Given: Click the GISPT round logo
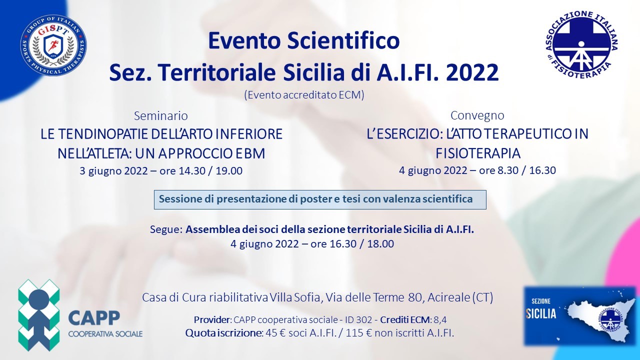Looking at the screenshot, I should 53,45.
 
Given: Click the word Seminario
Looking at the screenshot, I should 161,116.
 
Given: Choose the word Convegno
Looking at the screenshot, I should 477,115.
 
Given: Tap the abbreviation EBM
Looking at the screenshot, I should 247,153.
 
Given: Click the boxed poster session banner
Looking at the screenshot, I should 320,199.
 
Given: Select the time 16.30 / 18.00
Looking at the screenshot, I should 362,244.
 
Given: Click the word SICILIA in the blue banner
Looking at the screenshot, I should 541,314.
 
